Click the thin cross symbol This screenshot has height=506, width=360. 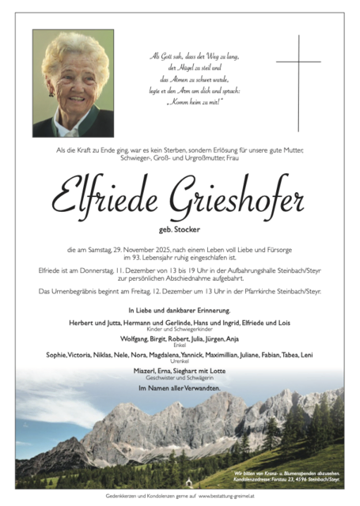click(x=298, y=82)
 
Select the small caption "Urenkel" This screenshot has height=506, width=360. click(x=180, y=361)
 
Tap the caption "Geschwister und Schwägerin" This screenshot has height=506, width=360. click(x=179, y=378)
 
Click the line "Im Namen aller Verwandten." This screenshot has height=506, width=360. click(x=179, y=388)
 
